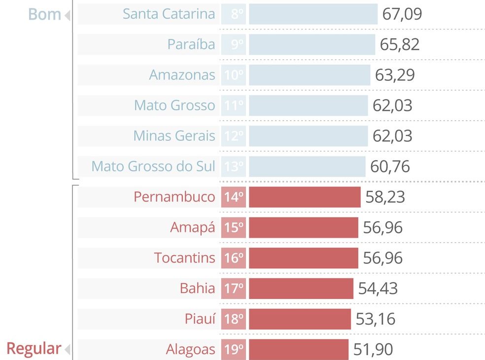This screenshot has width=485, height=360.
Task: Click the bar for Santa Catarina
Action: click(x=313, y=14)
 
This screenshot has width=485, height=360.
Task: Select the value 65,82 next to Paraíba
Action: click(x=399, y=44)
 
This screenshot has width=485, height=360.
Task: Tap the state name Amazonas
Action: click(x=182, y=75)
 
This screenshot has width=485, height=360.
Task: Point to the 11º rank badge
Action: click(x=234, y=105)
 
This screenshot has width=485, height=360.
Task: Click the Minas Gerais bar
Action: click(x=308, y=136)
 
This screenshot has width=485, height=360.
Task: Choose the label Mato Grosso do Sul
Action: click(x=153, y=166)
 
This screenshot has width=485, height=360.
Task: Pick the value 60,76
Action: click(x=390, y=166)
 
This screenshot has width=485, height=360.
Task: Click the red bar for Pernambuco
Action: click(x=305, y=197)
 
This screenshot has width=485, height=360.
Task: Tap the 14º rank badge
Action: click(x=234, y=197)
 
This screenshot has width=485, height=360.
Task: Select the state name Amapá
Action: click(x=193, y=228)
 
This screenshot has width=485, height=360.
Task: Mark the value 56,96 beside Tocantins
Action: click(x=382, y=258)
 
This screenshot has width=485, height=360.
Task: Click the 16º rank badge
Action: click(x=234, y=258)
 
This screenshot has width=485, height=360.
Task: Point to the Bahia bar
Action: click(x=301, y=289)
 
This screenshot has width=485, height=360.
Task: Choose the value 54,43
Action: click(x=378, y=289)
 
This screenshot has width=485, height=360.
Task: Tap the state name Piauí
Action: click(x=200, y=319)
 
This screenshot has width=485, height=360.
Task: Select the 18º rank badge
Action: click(x=234, y=319)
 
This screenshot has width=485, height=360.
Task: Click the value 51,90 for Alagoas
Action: click(x=373, y=350)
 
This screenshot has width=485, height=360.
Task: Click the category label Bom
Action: click(x=44, y=15)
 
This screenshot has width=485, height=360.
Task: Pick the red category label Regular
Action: click(x=34, y=349)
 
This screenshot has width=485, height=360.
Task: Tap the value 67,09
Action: click(x=402, y=14)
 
